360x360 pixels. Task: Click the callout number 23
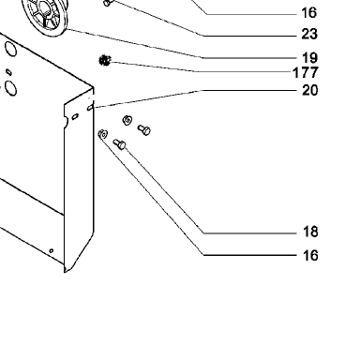[309, 34]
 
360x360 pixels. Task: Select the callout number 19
[309, 58]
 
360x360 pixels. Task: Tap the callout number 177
[306, 72]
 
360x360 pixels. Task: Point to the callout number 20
[309, 90]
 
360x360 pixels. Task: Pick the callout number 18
[310, 232]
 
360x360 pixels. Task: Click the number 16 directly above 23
[309, 13]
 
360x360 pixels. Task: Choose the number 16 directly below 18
[310, 256]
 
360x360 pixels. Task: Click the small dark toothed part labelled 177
[105, 60]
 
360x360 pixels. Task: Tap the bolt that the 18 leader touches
[119, 144]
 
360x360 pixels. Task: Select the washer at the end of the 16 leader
[102, 135]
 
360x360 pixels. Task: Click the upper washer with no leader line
[127, 120]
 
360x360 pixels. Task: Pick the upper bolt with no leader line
[144, 129]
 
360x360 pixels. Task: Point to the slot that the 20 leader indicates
[90, 108]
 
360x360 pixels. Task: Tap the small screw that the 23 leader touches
[107, 3]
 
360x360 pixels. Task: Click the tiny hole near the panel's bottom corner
[52, 250]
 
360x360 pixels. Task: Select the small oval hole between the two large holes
[9, 72]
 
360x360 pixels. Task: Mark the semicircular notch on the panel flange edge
[66, 122]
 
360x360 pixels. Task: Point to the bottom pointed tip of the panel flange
[65, 272]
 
